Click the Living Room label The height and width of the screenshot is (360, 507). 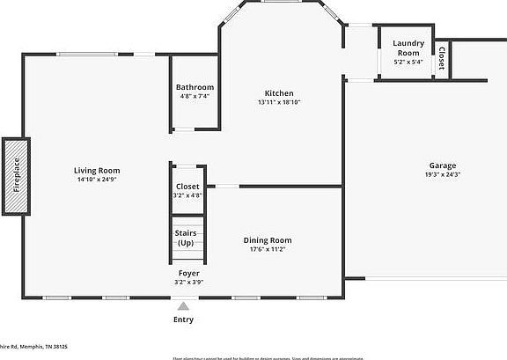[x=97, y=170]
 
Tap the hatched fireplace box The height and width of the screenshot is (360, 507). [x=16, y=175]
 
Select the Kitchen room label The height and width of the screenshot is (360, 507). [x=279, y=93]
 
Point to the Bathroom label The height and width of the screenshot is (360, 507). [x=195, y=87]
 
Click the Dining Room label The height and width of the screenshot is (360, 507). [x=268, y=239]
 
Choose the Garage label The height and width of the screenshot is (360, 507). [x=442, y=165]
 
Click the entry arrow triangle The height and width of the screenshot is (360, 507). [x=183, y=306]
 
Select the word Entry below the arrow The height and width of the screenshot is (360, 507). [x=183, y=319]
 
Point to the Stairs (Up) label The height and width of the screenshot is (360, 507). [x=186, y=238]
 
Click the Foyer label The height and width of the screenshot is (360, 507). [x=189, y=274]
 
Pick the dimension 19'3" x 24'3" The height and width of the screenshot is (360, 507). [x=442, y=174]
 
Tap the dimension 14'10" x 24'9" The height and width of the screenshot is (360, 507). [x=97, y=180]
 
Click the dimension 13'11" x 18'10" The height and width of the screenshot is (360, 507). [x=279, y=103]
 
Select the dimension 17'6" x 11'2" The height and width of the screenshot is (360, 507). [x=268, y=249]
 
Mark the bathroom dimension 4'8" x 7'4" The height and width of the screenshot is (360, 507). [x=195, y=96]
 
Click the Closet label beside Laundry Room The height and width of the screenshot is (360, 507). [x=442, y=58]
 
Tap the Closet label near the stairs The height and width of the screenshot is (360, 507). [x=187, y=186]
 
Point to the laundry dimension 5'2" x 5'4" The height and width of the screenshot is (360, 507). [x=408, y=62]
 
